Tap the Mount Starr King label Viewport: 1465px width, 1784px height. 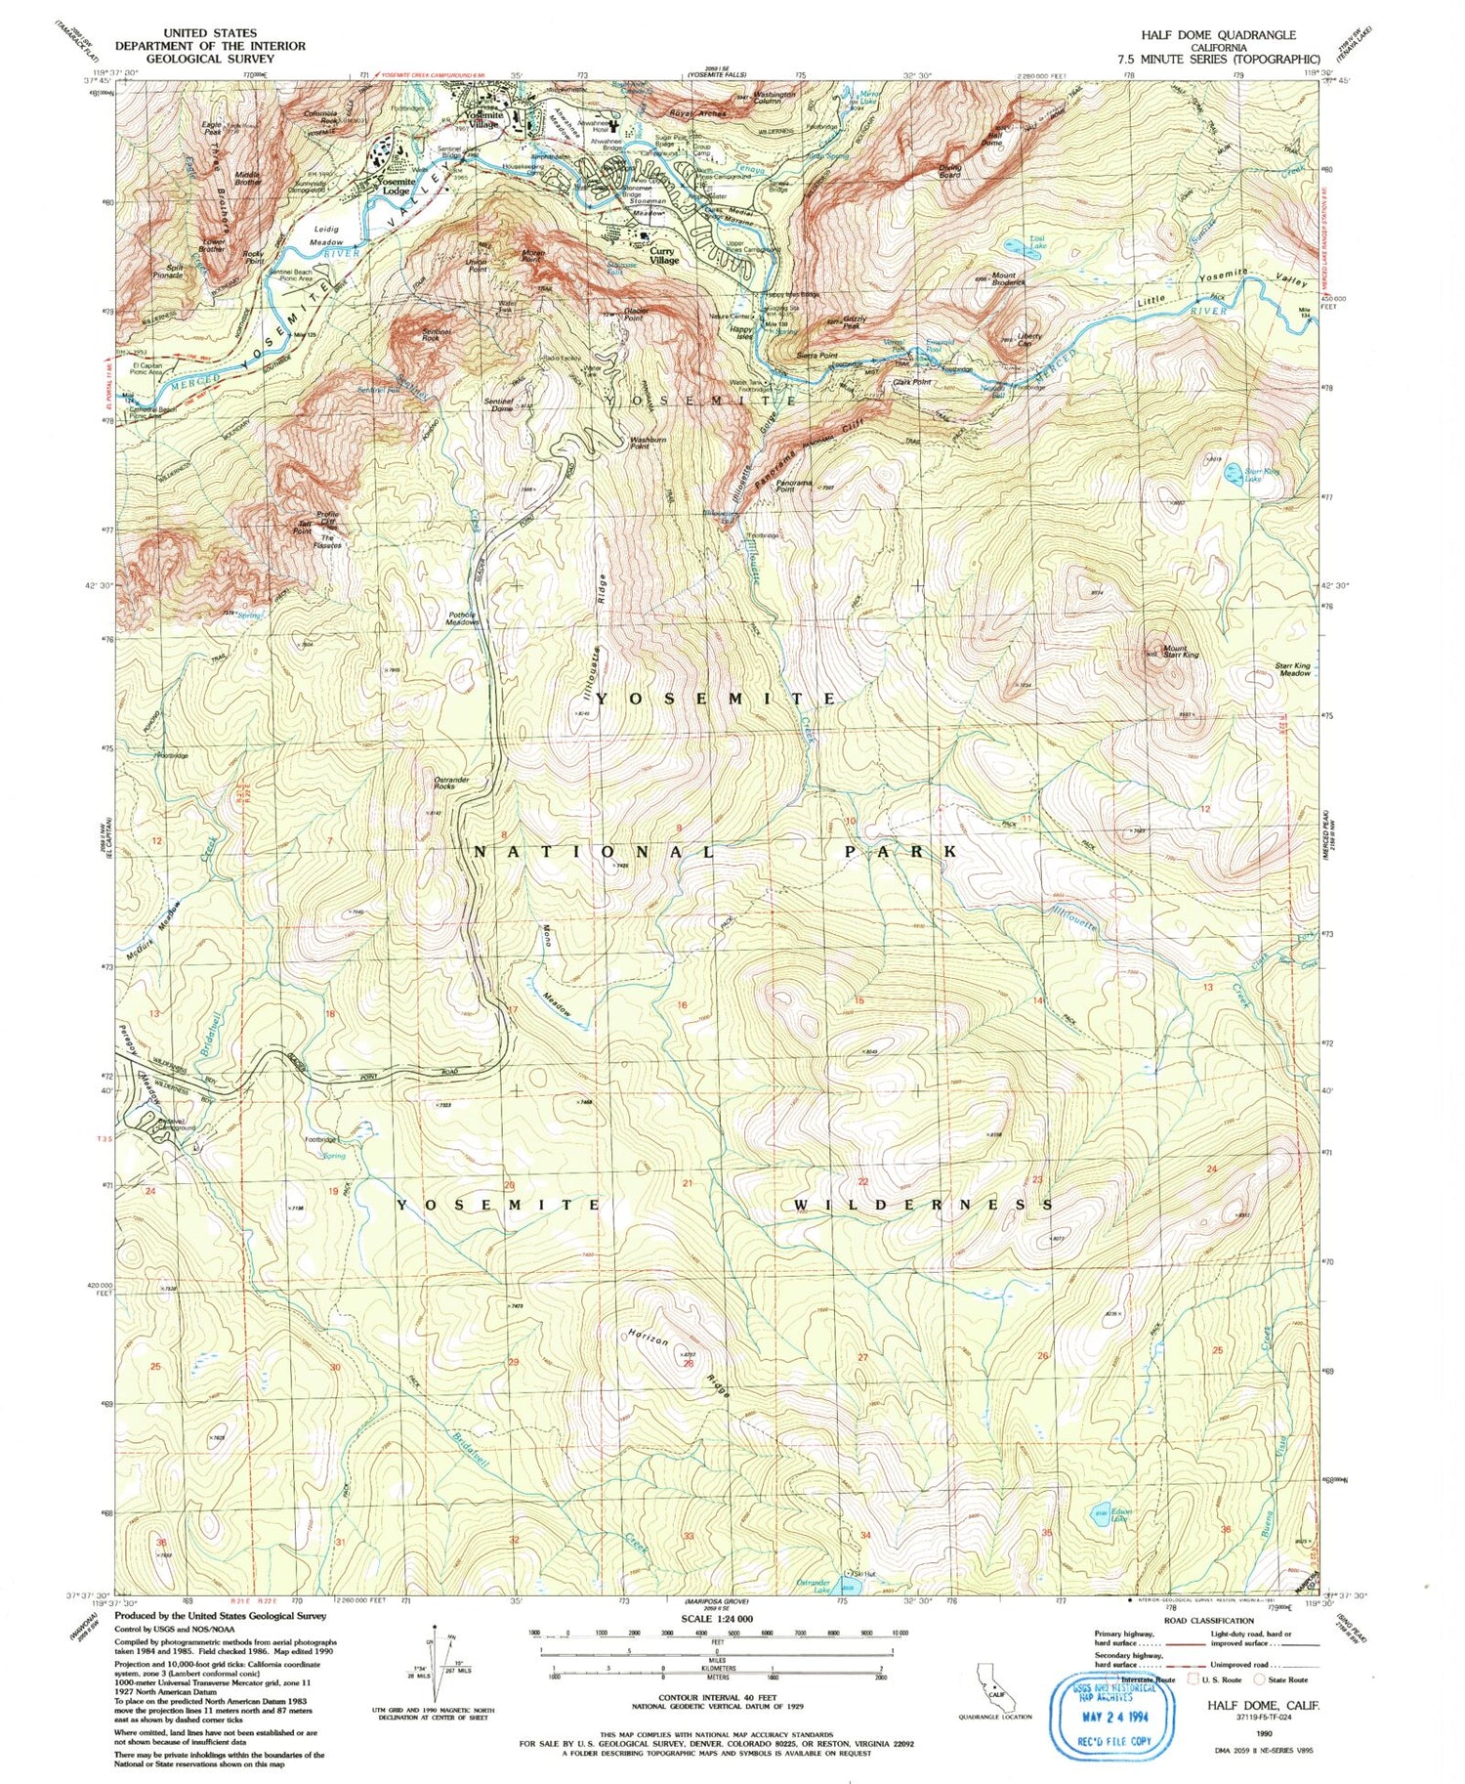[x=1176, y=651]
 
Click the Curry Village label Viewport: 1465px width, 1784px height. [x=664, y=256]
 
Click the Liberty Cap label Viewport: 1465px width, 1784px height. [x=1029, y=339]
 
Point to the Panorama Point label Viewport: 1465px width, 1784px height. [x=794, y=485]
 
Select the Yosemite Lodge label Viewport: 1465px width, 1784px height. [x=396, y=187]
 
